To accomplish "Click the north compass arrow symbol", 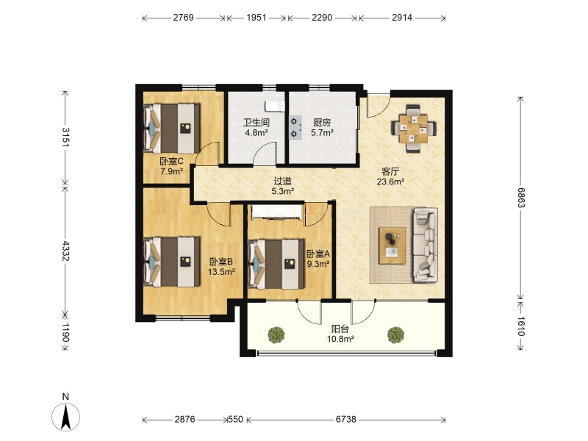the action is click(66, 417).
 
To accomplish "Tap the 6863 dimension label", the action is click(521, 198).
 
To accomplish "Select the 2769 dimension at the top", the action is click(183, 18).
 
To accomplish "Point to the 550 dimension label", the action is click(235, 419).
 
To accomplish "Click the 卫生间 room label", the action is click(257, 122).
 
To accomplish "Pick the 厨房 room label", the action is click(322, 122).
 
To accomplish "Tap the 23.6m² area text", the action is click(390, 182).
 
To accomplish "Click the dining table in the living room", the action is click(414, 129).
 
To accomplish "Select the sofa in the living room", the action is click(426, 245).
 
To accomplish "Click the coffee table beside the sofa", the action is click(392, 245).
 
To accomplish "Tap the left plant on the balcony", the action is click(276, 334).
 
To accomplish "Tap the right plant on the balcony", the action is click(395, 334).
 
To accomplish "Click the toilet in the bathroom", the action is click(275, 106).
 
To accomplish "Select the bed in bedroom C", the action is click(172, 128).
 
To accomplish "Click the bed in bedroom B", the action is click(172, 262).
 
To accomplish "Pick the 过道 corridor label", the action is click(282, 181).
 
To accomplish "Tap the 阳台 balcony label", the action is click(340, 329).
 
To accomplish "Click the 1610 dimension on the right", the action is click(521, 326).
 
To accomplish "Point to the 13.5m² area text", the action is click(222, 272).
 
